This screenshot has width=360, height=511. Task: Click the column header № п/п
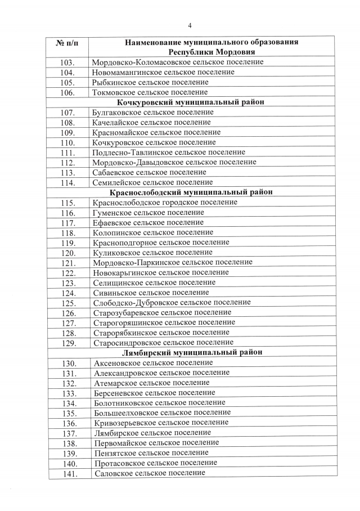pyautogui.click(x=67, y=43)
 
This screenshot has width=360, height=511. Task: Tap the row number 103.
pyautogui.click(x=67, y=62)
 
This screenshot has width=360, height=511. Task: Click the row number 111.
pyautogui.click(x=67, y=153)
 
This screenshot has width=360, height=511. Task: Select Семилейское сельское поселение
pyautogui.click(x=152, y=182)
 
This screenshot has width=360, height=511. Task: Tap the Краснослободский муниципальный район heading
pyautogui.click(x=191, y=192)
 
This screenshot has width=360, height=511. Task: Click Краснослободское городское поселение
pyautogui.click(x=165, y=203)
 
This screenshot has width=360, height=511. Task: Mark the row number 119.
pyautogui.click(x=68, y=243)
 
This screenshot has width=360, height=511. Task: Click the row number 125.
pyautogui.click(x=68, y=303)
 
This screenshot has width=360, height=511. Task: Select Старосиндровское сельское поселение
pyautogui.click(x=163, y=342)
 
